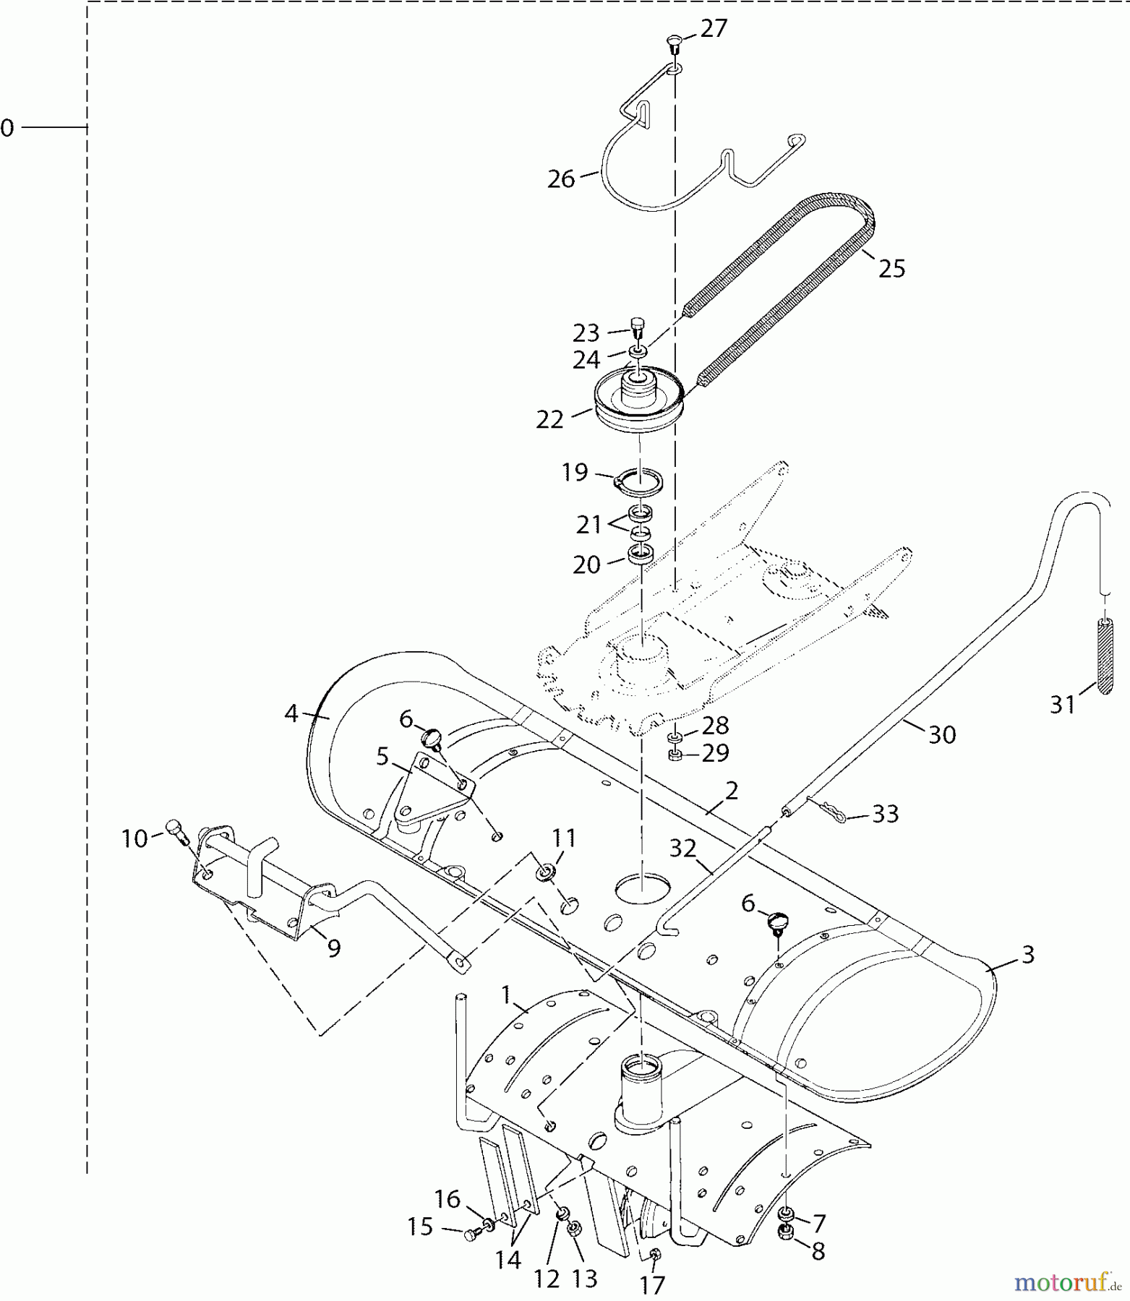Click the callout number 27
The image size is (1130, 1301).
(x=714, y=30)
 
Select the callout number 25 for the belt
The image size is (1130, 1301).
(x=891, y=269)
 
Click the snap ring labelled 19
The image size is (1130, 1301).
(x=640, y=482)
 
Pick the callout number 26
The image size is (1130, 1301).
(x=561, y=179)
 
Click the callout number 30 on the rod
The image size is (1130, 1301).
(x=942, y=735)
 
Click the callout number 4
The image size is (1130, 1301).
(x=291, y=714)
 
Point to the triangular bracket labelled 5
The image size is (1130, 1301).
(x=431, y=790)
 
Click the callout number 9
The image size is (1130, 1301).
(x=333, y=948)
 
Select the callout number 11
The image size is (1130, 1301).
(x=564, y=838)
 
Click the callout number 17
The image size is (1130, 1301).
(x=652, y=1284)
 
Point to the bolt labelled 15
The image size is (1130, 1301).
(x=472, y=1237)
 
